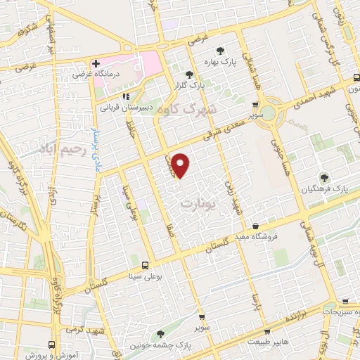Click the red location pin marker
tap(181, 166)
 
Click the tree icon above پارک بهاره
tap(221, 51)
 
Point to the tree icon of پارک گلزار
tap(188, 75)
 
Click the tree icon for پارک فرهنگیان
tap(324, 178)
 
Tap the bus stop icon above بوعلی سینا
tap(145, 265)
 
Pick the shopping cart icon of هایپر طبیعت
tap(266, 331)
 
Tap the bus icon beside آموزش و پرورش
tap(51, 345)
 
